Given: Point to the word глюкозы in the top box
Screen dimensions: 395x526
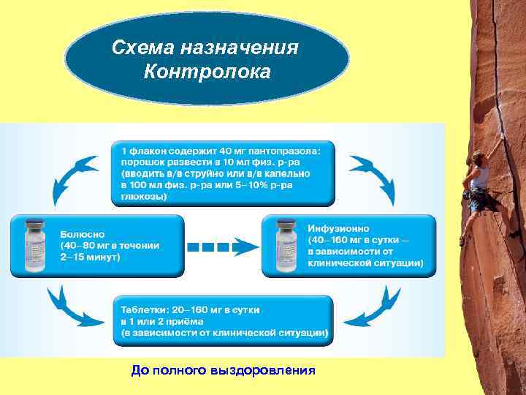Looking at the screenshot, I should point(140,197).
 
